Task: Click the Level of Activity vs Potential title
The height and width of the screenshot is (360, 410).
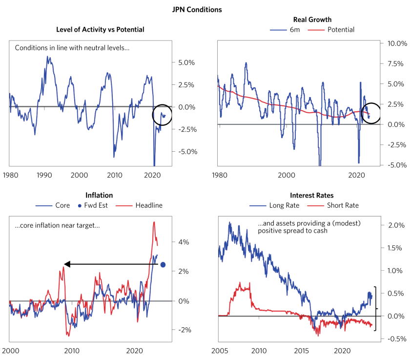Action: [x=101, y=30]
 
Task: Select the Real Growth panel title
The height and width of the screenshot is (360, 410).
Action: [x=312, y=20]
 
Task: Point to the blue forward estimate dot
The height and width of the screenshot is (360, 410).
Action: [x=163, y=265]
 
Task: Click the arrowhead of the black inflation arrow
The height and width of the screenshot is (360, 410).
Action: [x=67, y=264]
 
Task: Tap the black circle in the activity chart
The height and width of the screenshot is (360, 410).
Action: [x=162, y=115]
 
